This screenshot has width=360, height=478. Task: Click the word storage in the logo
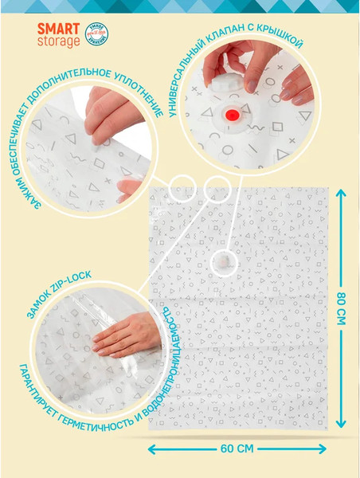tap(59, 41)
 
